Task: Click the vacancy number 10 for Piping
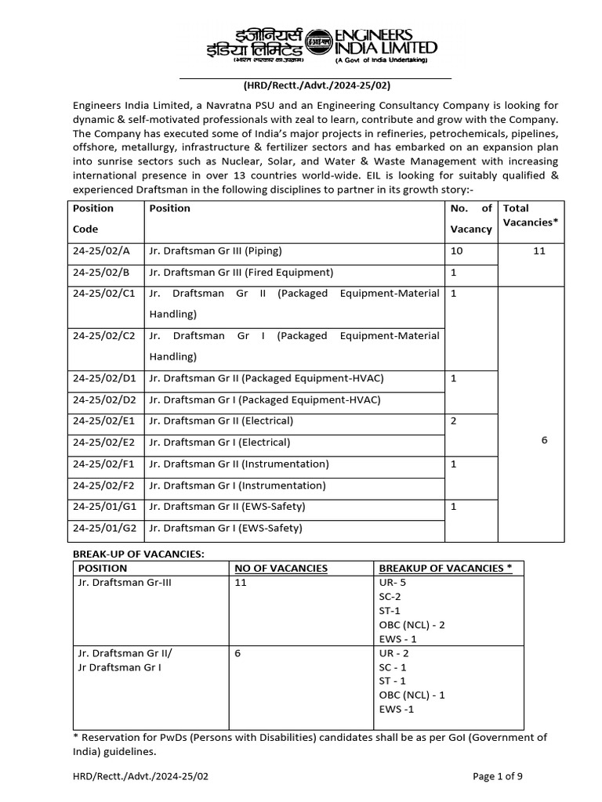click(457, 251)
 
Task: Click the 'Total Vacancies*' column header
click(531, 215)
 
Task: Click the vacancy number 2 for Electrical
click(454, 421)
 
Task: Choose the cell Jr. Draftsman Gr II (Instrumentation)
click(238, 464)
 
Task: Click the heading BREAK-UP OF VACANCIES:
click(138, 554)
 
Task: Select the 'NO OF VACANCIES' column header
click(281, 568)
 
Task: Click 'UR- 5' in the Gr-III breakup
click(392, 583)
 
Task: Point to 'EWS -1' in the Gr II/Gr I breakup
click(396, 709)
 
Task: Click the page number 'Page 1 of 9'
click(498, 776)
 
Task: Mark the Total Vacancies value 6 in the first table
click(544, 440)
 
